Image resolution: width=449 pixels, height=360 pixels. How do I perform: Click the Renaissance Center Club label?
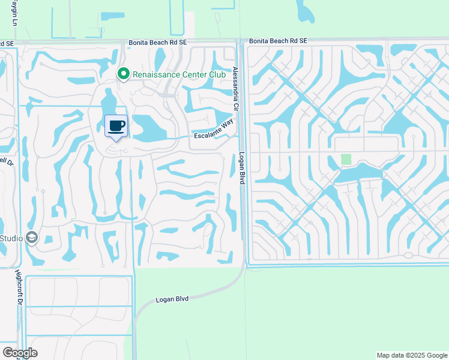click(x=169, y=74)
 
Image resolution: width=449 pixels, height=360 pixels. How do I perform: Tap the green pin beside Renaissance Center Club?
click(x=124, y=74)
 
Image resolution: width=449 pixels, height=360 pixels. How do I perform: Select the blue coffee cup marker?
click(x=116, y=126)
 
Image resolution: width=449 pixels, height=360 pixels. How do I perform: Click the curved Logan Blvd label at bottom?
click(x=173, y=298)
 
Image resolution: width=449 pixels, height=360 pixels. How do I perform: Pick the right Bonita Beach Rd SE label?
click(x=278, y=40)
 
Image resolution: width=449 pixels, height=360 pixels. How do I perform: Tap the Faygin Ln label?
click(x=13, y=12)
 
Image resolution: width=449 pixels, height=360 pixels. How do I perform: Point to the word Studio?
click(x=11, y=238)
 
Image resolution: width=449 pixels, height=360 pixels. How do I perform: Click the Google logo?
click(x=20, y=352)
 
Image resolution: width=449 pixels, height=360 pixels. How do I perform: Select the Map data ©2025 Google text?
click(x=412, y=355)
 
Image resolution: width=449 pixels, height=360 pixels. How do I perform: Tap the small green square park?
click(x=346, y=159)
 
